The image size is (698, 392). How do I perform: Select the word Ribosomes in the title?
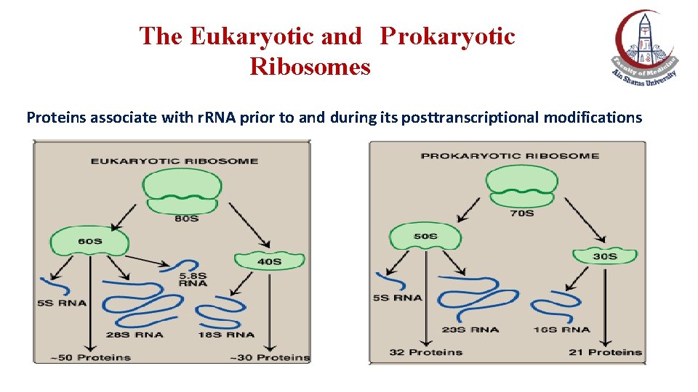tap(310, 67)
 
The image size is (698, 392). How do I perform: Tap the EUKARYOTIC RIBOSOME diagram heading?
tap(174, 160)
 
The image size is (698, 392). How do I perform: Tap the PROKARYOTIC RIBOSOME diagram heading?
tap(510, 155)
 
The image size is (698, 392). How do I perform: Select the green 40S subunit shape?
tap(268, 261)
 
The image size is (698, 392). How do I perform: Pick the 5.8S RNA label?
tap(193, 279)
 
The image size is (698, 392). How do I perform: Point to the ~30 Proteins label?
tap(270, 356)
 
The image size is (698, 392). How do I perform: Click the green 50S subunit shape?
tap(425, 236)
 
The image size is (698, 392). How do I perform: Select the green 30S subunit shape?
tap(604, 256)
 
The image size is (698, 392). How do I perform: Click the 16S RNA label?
tap(562, 330)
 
